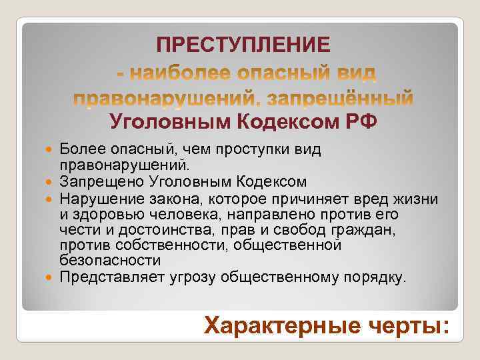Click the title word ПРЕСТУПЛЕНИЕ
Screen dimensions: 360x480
tap(243, 45)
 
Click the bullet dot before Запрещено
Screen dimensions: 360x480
tap(52, 181)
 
